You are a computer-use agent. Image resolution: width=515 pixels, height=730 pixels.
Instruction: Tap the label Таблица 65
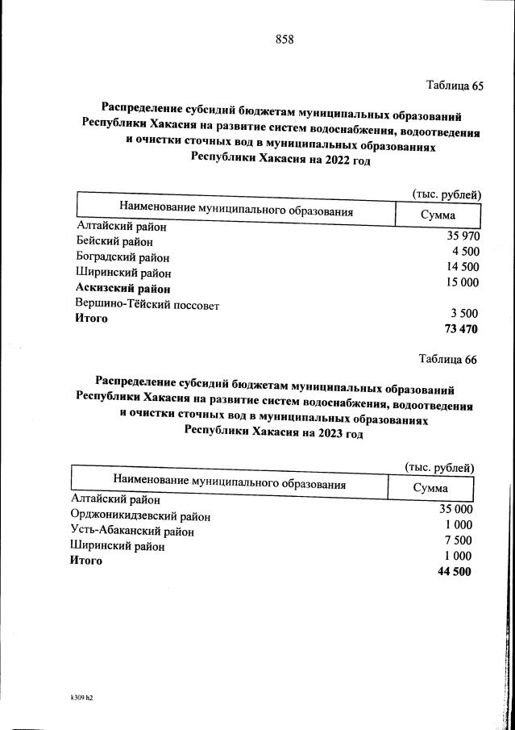(x=454, y=86)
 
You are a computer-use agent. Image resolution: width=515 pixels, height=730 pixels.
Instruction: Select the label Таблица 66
(x=448, y=359)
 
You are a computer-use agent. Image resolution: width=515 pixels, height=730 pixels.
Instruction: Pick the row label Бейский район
(x=114, y=241)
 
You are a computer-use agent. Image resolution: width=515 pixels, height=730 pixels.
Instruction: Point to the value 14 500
(x=463, y=267)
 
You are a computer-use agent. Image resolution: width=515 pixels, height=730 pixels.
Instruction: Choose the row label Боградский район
(x=123, y=257)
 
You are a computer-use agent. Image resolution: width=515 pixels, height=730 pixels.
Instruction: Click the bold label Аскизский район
(x=123, y=288)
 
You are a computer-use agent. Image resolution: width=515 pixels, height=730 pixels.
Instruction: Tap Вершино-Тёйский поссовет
(x=147, y=305)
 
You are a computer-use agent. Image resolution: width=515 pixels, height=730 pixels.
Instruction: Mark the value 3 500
(x=465, y=313)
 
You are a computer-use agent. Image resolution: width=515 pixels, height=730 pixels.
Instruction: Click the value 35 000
(x=455, y=509)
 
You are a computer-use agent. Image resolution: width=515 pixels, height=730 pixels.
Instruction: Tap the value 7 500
(x=459, y=540)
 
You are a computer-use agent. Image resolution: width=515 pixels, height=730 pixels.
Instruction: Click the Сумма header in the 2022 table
(x=438, y=215)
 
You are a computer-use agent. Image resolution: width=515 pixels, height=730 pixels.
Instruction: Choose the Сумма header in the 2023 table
(x=430, y=488)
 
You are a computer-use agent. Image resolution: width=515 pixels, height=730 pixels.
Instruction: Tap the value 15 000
(x=463, y=282)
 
